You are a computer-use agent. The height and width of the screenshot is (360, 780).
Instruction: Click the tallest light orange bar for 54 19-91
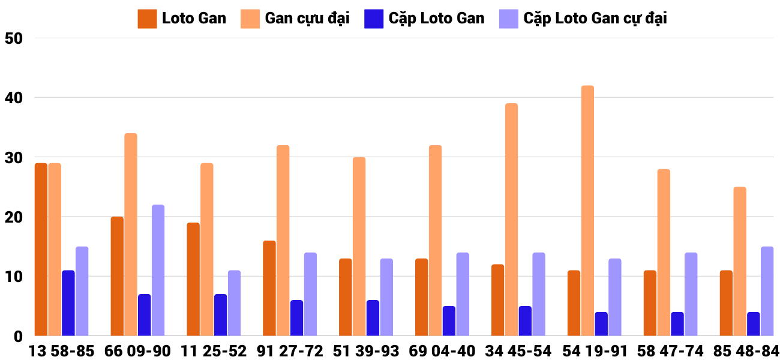[x=587, y=211]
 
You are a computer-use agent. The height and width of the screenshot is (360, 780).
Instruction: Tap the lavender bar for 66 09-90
[x=158, y=271]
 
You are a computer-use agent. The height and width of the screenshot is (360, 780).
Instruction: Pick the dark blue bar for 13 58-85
[x=68, y=303]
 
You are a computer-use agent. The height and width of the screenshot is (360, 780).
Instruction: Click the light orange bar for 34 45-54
[x=511, y=220]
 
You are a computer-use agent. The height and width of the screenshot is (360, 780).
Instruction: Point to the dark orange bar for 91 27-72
[x=269, y=288]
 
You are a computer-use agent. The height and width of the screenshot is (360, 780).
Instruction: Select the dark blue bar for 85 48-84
[x=754, y=324]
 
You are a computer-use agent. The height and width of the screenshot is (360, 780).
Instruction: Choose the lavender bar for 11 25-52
[x=234, y=303]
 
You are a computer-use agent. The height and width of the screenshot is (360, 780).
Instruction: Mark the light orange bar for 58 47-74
[x=664, y=253]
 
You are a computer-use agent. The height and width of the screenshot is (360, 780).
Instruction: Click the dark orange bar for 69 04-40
[x=422, y=297]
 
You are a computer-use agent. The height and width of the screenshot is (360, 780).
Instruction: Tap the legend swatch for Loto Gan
[x=147, y=19]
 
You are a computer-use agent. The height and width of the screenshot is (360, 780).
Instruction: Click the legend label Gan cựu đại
[x=307, y=19]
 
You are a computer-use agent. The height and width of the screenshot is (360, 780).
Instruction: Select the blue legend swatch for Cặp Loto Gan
[x=374, y=19]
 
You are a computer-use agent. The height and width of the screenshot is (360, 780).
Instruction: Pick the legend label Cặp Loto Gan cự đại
[x=595, y=19]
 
